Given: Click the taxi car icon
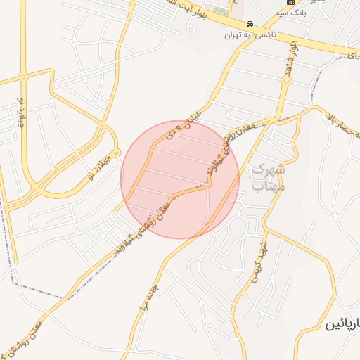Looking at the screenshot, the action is [x=251, y=22].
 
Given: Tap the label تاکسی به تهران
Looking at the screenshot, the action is [x=251, y=34].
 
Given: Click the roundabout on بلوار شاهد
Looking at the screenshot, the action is [x=286, y=81].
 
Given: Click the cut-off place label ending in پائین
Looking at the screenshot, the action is [x=342, y=325].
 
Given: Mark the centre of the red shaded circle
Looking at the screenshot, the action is [x=180, y=179].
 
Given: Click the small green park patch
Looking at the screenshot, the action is [x=221, y=11].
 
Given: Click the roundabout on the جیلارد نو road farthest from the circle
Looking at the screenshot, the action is [x=23, y=77].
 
